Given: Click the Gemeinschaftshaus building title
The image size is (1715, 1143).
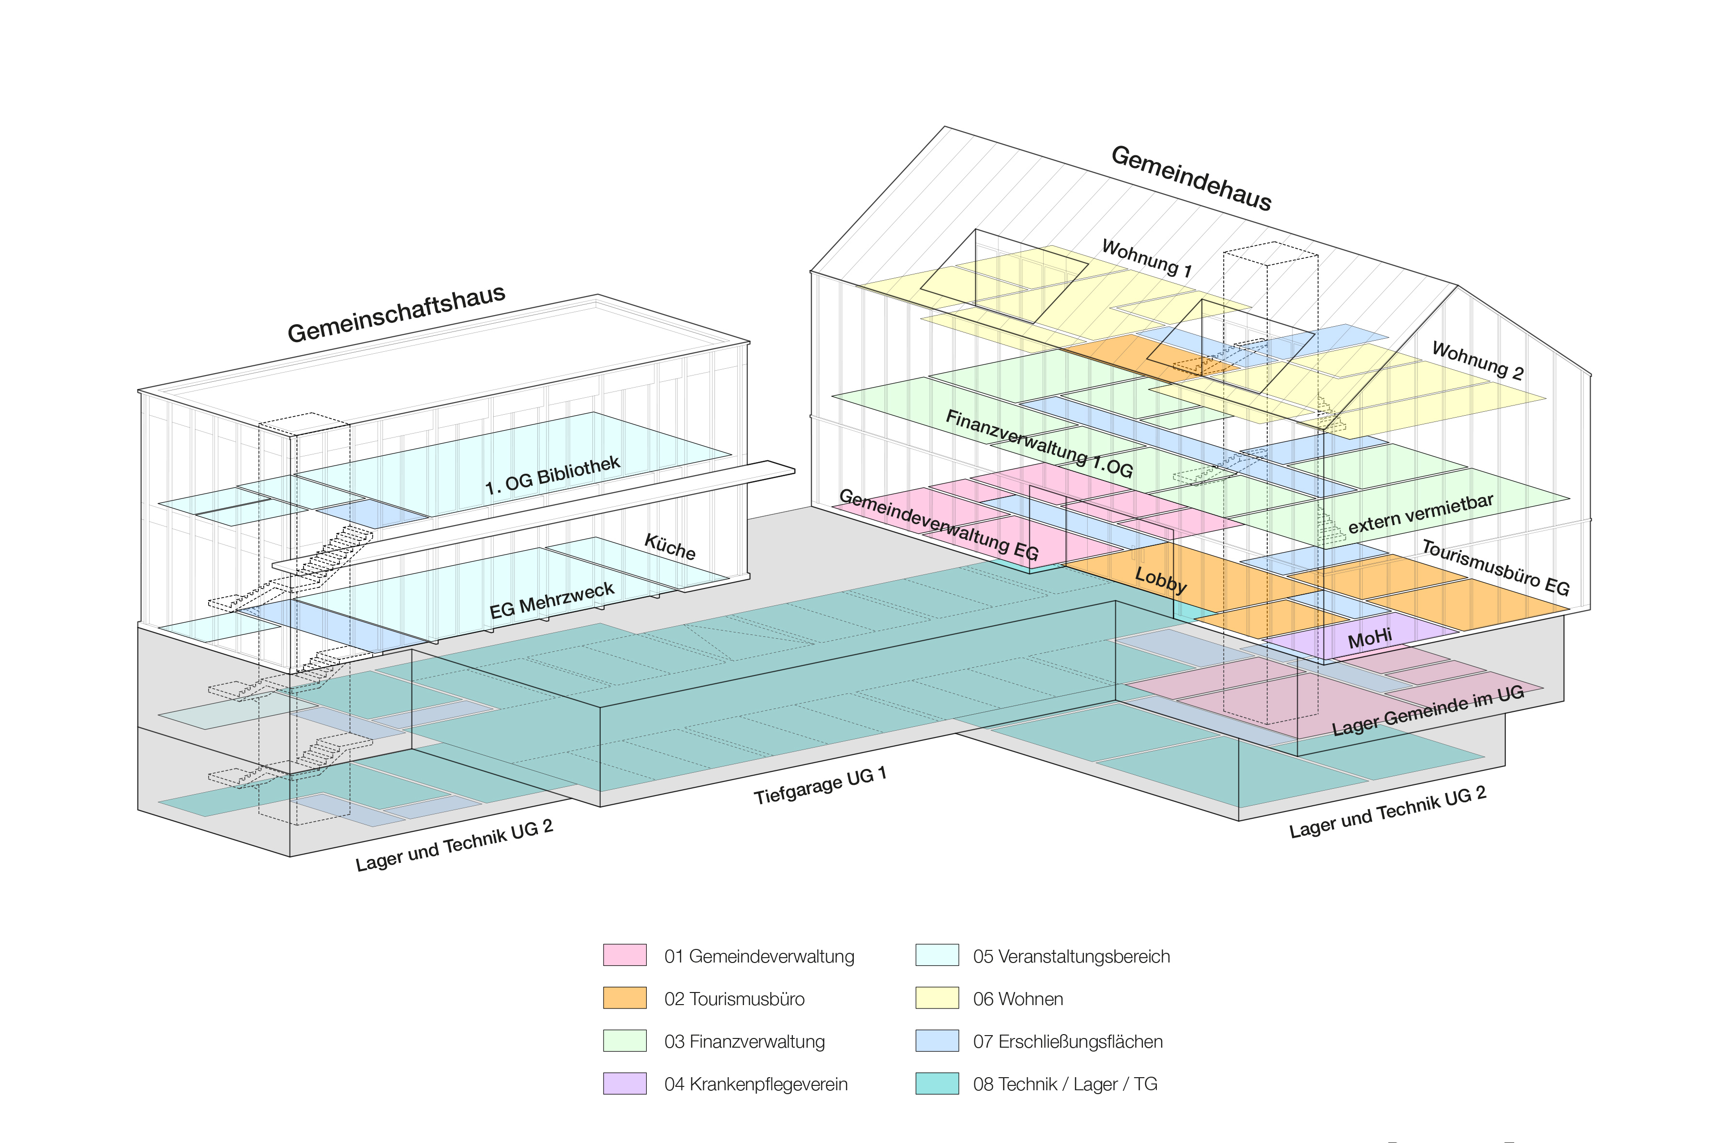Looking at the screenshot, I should point(396,314).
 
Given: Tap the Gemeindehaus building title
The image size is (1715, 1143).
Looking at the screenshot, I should point(1191,179).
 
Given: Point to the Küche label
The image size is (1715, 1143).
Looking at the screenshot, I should point(669,547).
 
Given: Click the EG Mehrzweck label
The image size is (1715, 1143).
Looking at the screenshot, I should point(551,600).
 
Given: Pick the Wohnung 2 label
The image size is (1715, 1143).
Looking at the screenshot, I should point(1477,361).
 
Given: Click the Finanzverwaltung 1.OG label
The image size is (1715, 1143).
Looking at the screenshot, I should point(1039,443).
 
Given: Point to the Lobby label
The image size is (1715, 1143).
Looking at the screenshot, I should point(1161,580).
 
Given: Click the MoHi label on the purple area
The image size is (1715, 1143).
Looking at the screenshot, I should point(1369,639).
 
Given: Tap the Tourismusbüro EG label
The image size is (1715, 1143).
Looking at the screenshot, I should point(1495,567).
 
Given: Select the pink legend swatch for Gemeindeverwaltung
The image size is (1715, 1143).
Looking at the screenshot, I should point(624,955).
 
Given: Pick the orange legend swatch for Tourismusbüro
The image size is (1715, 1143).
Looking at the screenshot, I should point(624,998).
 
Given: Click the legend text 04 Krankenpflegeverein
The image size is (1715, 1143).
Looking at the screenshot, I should point(756,1084).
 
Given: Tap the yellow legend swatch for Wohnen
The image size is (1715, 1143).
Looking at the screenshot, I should point(937,998).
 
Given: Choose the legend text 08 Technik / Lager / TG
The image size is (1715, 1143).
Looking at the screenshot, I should point(1064,1084).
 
